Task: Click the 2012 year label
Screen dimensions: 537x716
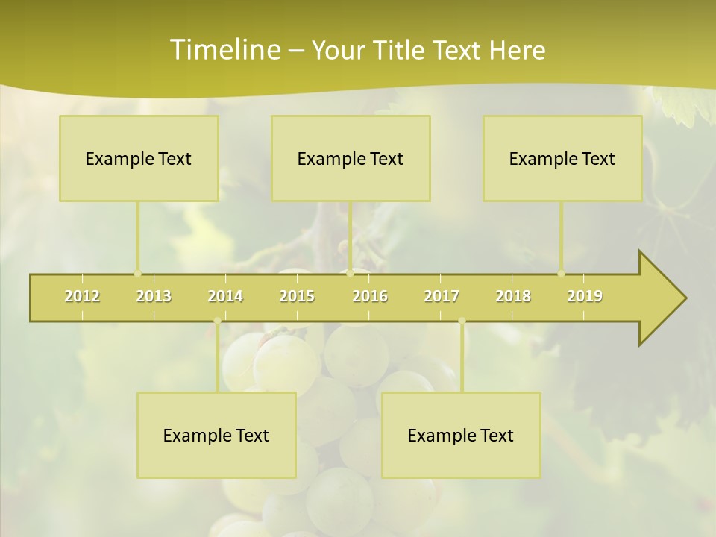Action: pyautogui.click(x=82, y=296)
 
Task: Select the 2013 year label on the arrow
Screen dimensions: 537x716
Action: pyautogui.click(x=154, y=296)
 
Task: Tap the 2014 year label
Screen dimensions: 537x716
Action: pyautogui.click(x=225, y=296)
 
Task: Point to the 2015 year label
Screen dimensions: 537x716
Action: pyautogui.click(x=297, y=296)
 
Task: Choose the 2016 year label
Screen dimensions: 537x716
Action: pyautogui.click(x=370, y=296)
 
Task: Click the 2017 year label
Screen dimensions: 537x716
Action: pyautogui.click(x=442, y=296)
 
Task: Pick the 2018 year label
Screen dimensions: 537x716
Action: pyautogui.click(x=513, y=296)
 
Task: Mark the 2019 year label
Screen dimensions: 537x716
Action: pyautogui.click(x=585, y=296)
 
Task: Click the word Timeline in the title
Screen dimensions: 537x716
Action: pyautogui.click(x=224, y=49)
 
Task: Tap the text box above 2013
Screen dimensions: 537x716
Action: pyautogui.click(x=139, y=158)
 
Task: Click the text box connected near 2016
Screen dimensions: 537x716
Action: pyautogui.click(x=351, y=158)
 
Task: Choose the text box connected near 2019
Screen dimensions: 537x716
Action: pyautogui.click(x=562, y=158)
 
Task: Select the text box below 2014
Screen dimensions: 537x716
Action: pyautogui.click(x=216, y=435)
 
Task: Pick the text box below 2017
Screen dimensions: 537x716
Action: pyautogui.click(x=461, y=435)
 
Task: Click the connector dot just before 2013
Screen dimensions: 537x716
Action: pyautogui.click(x=137, y=273)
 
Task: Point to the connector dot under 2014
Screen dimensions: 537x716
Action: pyautogui.click(x=217, y=321)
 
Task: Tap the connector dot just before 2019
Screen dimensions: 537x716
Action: pyautogui.click(x=562, y=273)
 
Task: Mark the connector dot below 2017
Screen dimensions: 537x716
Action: pyautogui.click(x=462, y=321)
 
